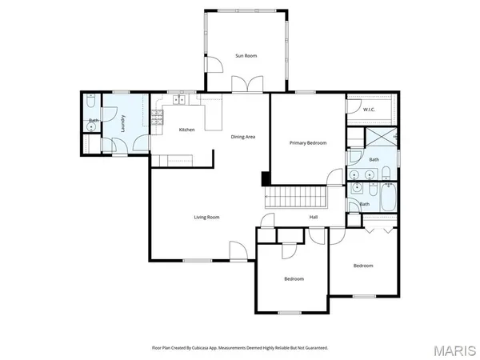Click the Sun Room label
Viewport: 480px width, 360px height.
pos(246,56)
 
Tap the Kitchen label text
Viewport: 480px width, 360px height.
pos(186,130)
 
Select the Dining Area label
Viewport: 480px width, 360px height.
pos(243,137)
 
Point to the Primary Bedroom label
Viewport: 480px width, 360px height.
pos(308,142)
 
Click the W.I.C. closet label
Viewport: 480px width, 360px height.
pos(369,109)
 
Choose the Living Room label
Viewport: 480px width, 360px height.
pos(206,217)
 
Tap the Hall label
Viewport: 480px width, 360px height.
pos(315,217)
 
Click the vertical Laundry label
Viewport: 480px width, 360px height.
pos(122,124)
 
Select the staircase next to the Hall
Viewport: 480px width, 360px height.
pos(297,196)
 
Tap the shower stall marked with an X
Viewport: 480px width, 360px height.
pos(380,136)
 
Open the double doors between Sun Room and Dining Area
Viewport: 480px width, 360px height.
pos(246,86)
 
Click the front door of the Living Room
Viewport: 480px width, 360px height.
pos(238,252)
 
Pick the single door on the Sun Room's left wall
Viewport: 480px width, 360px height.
pos(212,66)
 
